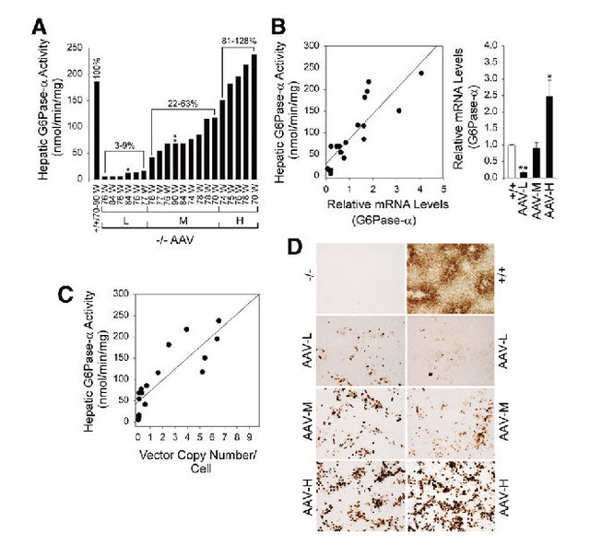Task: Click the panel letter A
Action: coord(40,28)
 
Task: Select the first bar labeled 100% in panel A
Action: coord(97,130)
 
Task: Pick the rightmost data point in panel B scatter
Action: coord(421,73)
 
